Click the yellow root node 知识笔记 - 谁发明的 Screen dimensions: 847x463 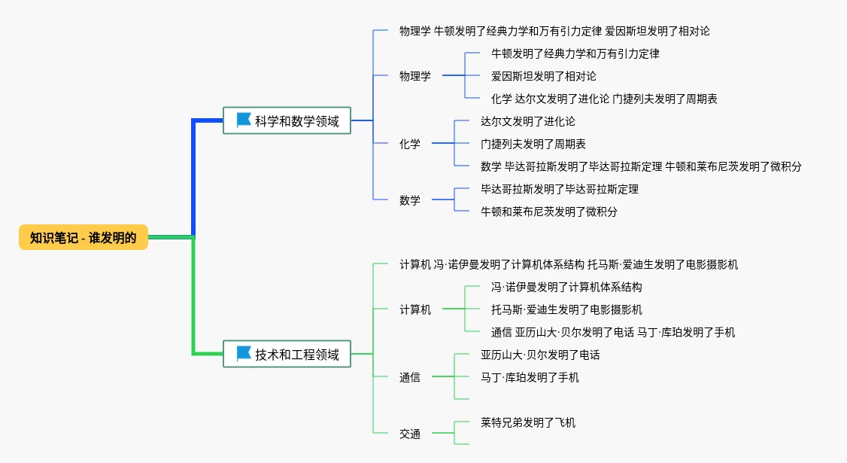[83, 237]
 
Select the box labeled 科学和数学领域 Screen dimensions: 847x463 [287, 120]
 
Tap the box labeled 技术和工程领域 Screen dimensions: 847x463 [287, 355]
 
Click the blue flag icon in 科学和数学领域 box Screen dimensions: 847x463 [244, 120]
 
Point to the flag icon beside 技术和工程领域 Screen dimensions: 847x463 [244, 354]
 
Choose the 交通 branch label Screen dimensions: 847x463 [410, 434]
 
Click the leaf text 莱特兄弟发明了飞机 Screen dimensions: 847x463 [528, 422]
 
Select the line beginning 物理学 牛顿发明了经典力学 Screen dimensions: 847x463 [555, 32]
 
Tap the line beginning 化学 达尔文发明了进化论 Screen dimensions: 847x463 [604, 99]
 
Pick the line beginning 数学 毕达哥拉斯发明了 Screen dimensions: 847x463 [641, 166]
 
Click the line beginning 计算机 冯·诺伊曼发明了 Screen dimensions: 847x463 [569, 264]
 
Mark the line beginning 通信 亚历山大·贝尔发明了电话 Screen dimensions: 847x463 [613, 332]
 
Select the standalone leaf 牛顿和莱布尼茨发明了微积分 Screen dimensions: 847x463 [549, 212]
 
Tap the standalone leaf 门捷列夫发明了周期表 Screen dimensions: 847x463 [533, 144]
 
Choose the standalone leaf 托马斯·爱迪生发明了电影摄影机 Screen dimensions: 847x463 [566, 309]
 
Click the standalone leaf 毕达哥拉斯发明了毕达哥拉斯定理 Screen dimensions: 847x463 [560, 189]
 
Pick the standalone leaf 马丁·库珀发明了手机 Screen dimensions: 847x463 [530, 377]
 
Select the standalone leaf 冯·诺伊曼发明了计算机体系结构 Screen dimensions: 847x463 [566, 287]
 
